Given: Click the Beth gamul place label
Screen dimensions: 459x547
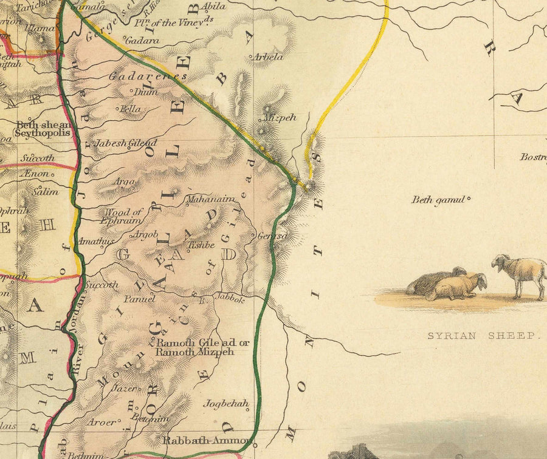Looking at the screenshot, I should point(438,200).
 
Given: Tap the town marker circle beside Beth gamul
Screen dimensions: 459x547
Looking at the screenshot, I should point(469,198).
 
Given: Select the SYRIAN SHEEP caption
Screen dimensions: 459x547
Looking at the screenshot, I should point(483,336).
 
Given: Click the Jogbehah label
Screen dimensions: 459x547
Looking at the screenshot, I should point(226,403).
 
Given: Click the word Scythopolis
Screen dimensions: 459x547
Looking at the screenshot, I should point(43,132).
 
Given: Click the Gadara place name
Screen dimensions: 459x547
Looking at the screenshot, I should point(143,40).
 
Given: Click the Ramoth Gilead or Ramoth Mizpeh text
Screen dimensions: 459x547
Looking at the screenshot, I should point(202,347).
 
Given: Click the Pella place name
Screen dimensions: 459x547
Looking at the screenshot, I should point(130,109).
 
